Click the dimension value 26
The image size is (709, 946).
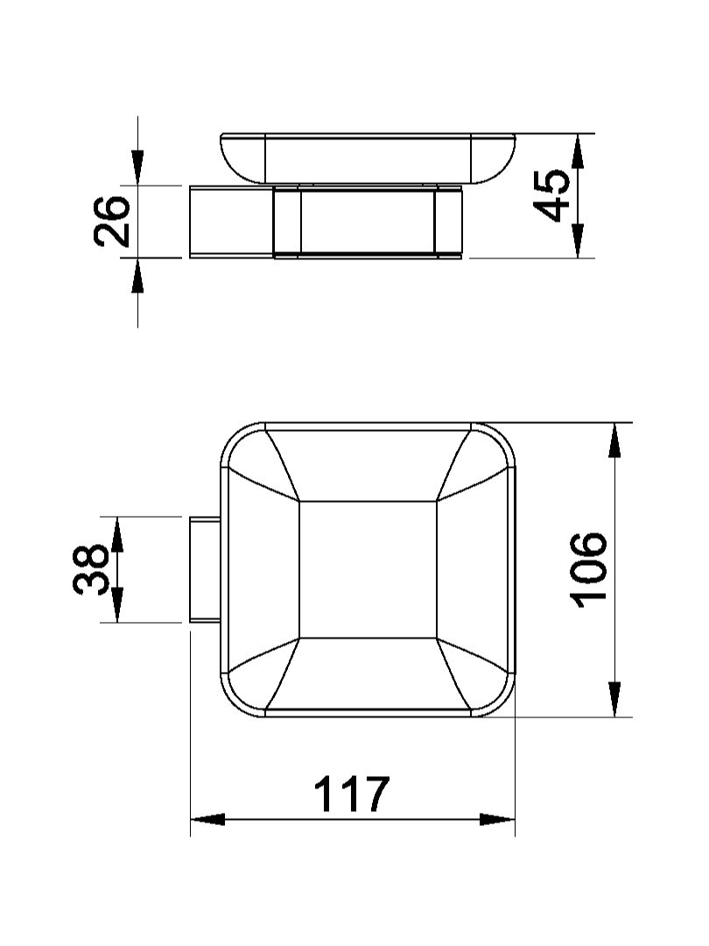pos(112,222)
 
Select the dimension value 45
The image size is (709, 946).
pos(552,195)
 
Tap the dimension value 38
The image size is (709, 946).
pos(91,569)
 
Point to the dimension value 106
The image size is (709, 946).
pos(588,569)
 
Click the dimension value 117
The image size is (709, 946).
pos(352,794)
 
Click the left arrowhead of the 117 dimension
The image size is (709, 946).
pos(207,819)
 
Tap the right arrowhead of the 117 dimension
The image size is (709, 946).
pos(498,819)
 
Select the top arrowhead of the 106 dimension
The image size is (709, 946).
pos(614,441)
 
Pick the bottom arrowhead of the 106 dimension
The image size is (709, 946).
pos(614,699)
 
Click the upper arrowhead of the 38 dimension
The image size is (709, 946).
pos(117,534)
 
